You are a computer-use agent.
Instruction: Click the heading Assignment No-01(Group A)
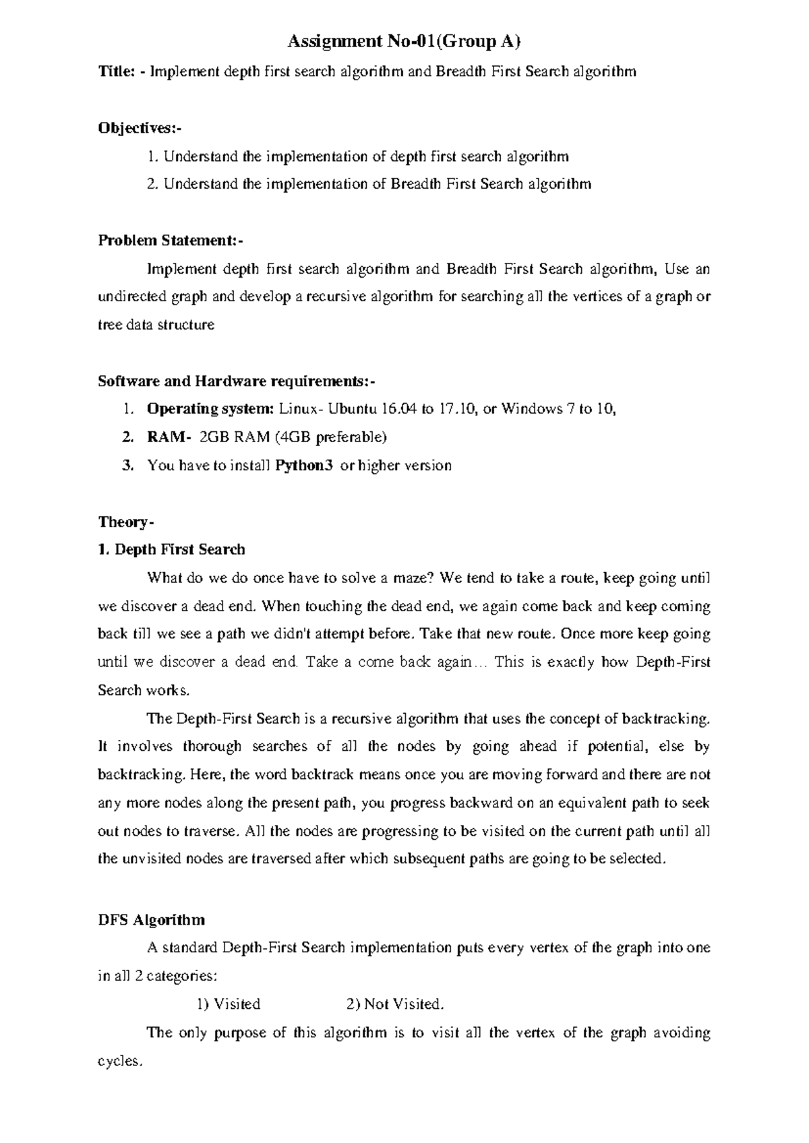coord(404,42)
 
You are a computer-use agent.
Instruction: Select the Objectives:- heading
coord(140,128)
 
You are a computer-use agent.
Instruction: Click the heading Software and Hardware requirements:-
coord(236,381)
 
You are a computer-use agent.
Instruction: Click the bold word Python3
coord(305,466)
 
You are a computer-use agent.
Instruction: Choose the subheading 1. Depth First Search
coord(171,550)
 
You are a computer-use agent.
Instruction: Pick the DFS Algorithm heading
coord(152,920)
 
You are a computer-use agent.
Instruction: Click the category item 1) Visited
coord(229,1004)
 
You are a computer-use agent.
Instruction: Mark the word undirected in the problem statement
coord(132,297)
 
